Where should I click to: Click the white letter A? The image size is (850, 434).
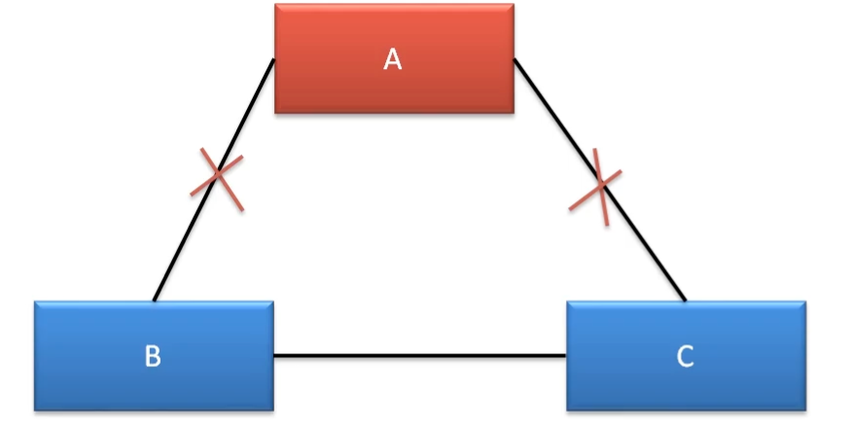[x=392, y=60]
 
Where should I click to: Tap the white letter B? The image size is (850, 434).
[x=153, y=356]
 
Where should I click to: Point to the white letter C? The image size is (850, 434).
[x=685, y=357]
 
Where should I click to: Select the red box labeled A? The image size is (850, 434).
[x=331, y=88]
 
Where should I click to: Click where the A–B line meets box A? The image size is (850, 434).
[x=273, y=61]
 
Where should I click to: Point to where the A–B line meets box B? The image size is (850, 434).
[x=155, y=300]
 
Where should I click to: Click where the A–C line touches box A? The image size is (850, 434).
[x=514, y=59]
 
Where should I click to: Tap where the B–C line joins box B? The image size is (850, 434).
[x=274, y=356]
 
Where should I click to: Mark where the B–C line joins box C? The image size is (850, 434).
[x=567, y=356]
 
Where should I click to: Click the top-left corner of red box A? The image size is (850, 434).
[x=275, y=5]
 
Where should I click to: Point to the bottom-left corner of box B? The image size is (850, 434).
[x=36, y=410]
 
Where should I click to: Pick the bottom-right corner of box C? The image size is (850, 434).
[x=805, y=410]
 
